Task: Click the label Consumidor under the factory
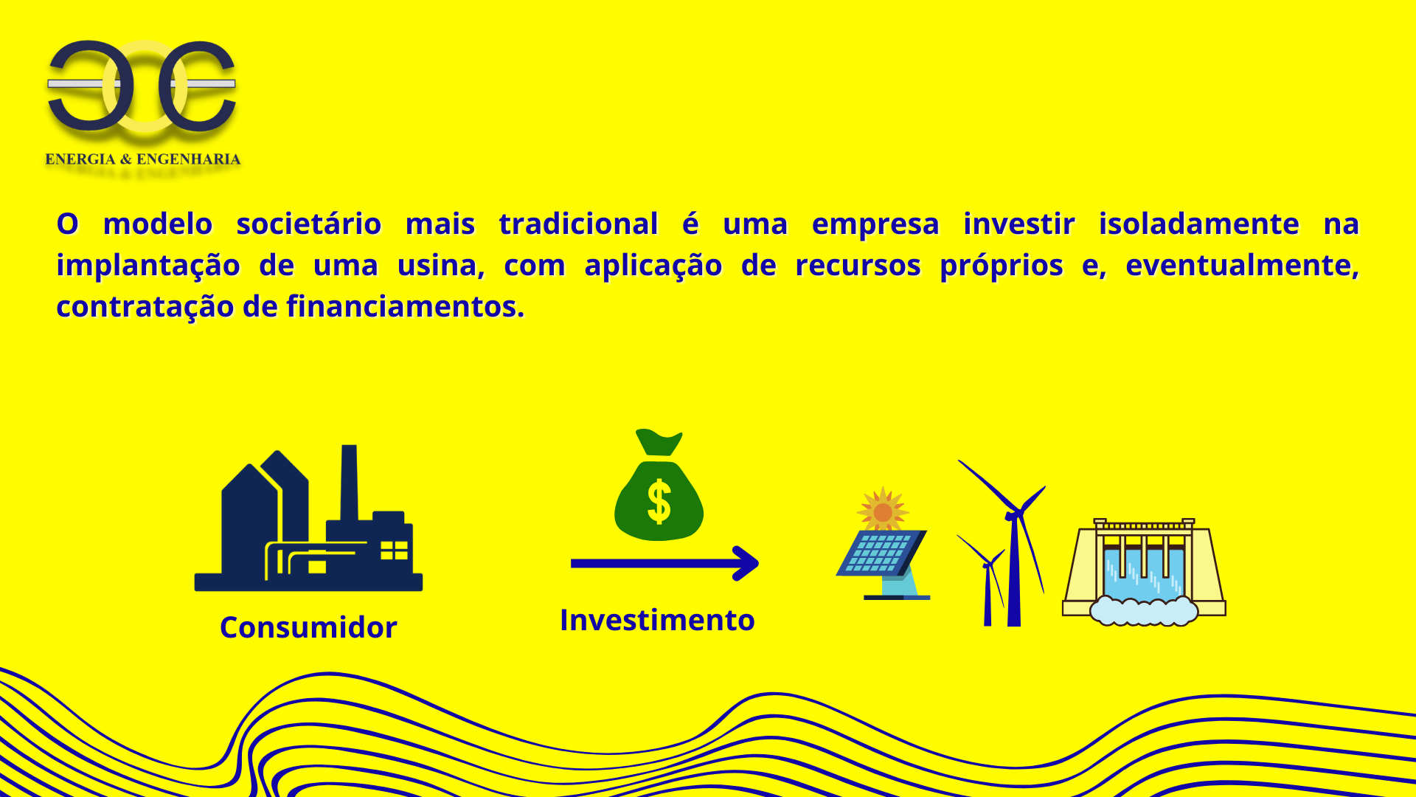coord(308,627)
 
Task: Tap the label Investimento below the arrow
coord(657,620)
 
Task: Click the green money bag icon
coord(659,485)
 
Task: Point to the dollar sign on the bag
coord(659,501)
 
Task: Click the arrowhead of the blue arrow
coord(746,563)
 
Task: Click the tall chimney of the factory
coord(349,483)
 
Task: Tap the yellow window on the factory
coord(394,551)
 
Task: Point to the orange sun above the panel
coord(883,511)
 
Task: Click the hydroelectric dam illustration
coord(1144,572)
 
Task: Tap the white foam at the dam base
coord(1144,611)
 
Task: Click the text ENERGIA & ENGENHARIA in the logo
coord(143,159)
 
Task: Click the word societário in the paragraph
coord(309,224)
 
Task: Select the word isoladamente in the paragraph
coord(1199,224)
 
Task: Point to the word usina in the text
coord(441,265)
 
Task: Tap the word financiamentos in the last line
coord(405,306)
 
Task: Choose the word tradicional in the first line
coord(578,224)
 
